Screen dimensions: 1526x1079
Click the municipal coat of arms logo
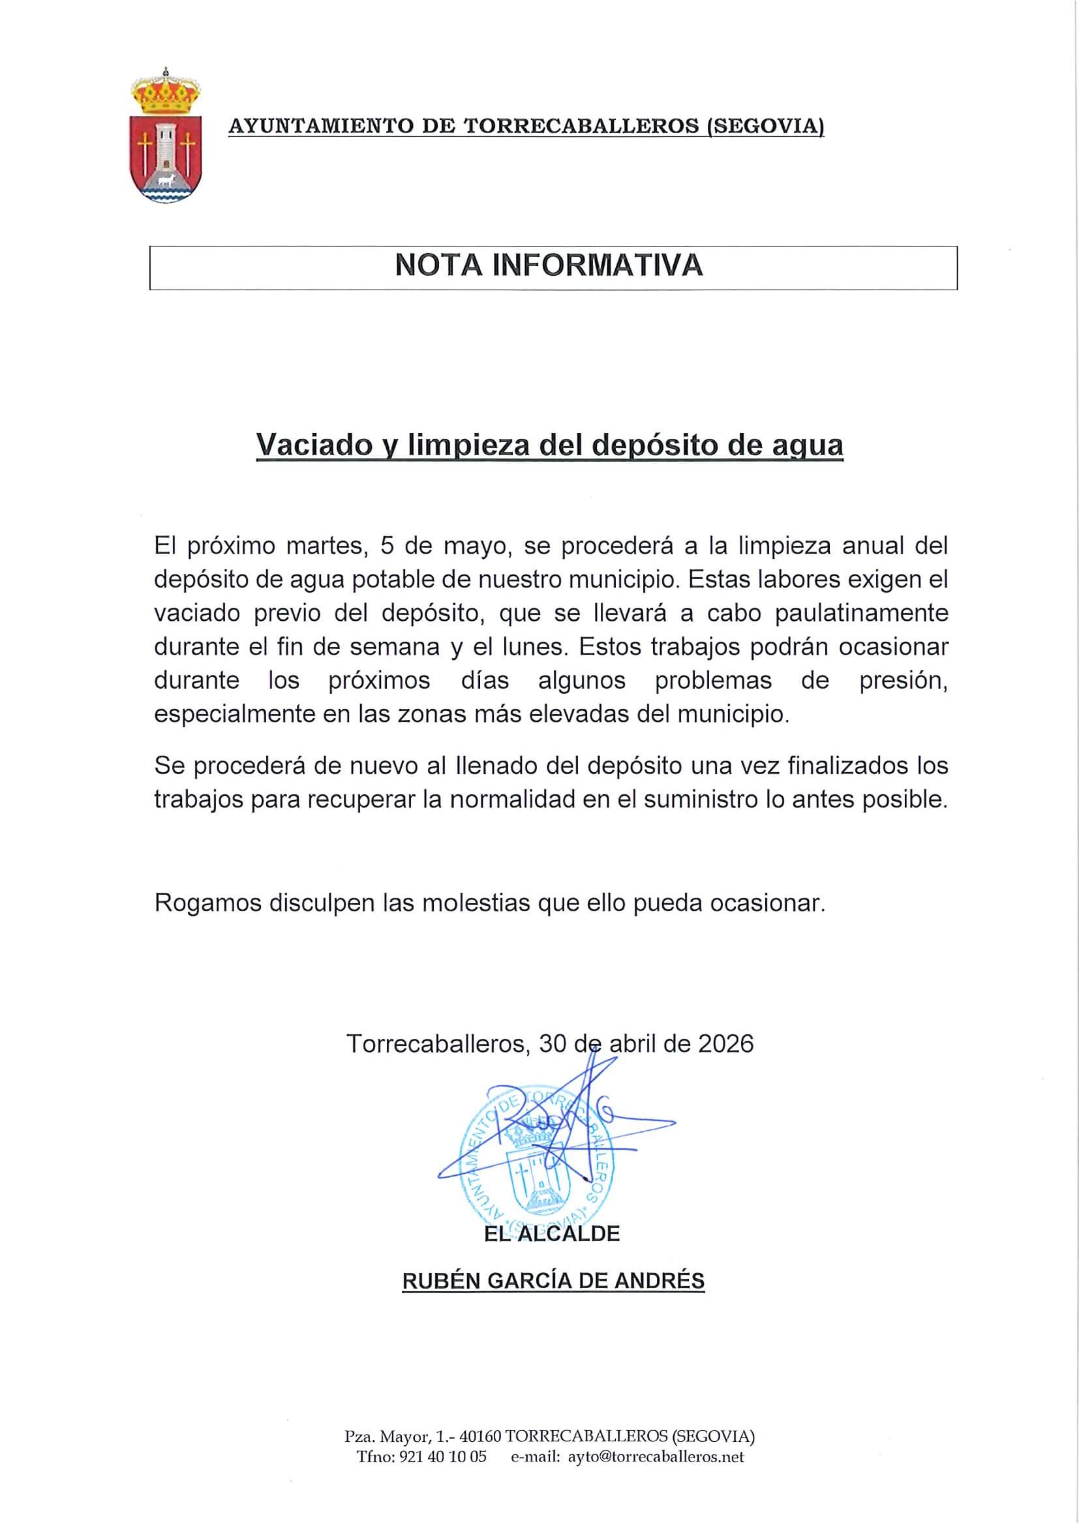coord(164,136)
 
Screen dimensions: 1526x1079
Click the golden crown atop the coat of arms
coord(164,94)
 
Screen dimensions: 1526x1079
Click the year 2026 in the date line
coord(726,1043)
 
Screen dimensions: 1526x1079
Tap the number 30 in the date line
coord(553,1043)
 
